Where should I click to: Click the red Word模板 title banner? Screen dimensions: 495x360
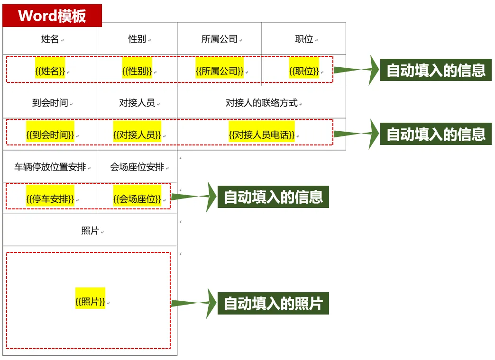pyautogui.click(x=52, y=16)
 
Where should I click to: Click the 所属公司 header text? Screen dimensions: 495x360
pyautogui.click(x=220, y=39)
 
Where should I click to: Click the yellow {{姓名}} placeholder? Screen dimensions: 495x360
pyautogui.click(x=50, y=71)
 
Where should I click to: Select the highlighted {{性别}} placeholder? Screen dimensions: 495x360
pyautogui.click(x=137, y=71)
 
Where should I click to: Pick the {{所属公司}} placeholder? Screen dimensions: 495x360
pyautogui.click(x=220, y=71)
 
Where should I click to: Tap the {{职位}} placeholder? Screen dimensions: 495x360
pyautogui.click(x=304, y=71)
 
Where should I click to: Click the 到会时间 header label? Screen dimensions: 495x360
pyautogui.click(x=50, y=103)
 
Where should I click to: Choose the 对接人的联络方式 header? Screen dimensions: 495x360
pyautogui.click(x=261, y=103)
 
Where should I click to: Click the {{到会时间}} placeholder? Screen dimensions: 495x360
pyautogui.click(x=50, y=135)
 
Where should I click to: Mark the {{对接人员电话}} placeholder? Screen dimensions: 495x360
pyautogui.click(x=261, y=135)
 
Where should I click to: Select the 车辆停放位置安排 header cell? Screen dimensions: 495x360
pyautogui.click(x=50, y=167)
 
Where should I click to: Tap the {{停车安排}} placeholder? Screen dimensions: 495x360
pyautogui.click(x=50, y=199)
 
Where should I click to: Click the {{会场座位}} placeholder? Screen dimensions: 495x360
pyautogui.click(x=137, y=199)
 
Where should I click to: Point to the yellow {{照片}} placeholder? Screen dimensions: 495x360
pyautogui.click(x=90, y=301)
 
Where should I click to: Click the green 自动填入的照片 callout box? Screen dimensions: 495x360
pyautogui.click(x=273, y=303)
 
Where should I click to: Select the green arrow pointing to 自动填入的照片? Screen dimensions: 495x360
pyautogui.click(x=193, y=303)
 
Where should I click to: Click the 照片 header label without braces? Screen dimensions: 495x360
pyautogui.click(x=90, y=231)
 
